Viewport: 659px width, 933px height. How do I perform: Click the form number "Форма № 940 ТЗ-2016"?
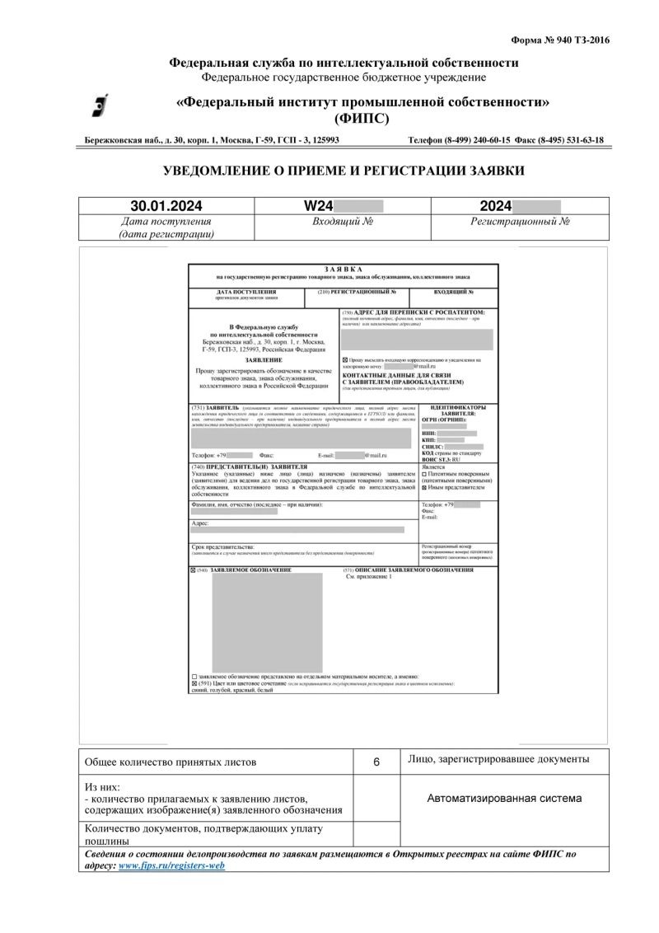point(559,39)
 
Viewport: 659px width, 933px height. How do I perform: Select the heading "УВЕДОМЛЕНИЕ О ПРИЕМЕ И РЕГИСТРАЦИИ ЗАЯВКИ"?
point(344,171)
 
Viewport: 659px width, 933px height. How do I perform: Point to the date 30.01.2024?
point(167,205)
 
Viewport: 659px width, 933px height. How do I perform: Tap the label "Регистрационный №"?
point(521,222)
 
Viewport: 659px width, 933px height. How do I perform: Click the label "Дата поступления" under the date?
point(166,222)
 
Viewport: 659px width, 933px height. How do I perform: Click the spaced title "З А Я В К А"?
point(344,269)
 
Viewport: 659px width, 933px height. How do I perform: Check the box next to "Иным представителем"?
point(423,488)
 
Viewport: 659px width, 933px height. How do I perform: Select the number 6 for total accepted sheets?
point(376,762)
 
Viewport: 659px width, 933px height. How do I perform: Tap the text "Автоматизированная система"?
point(504,798)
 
